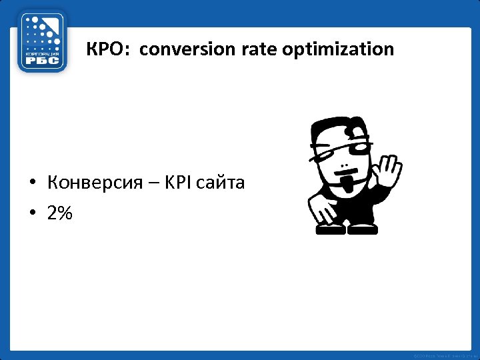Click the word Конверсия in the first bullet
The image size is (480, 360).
tap(95, 182)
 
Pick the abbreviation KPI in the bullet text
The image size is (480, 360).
tap(179, 182)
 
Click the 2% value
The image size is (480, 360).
tap(60, 213)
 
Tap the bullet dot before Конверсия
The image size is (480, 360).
tap(32, 183)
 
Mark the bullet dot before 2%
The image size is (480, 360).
tap(32, 214)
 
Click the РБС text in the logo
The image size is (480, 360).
tap(42, 61)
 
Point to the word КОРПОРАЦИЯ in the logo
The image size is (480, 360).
tap(42, 52)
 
